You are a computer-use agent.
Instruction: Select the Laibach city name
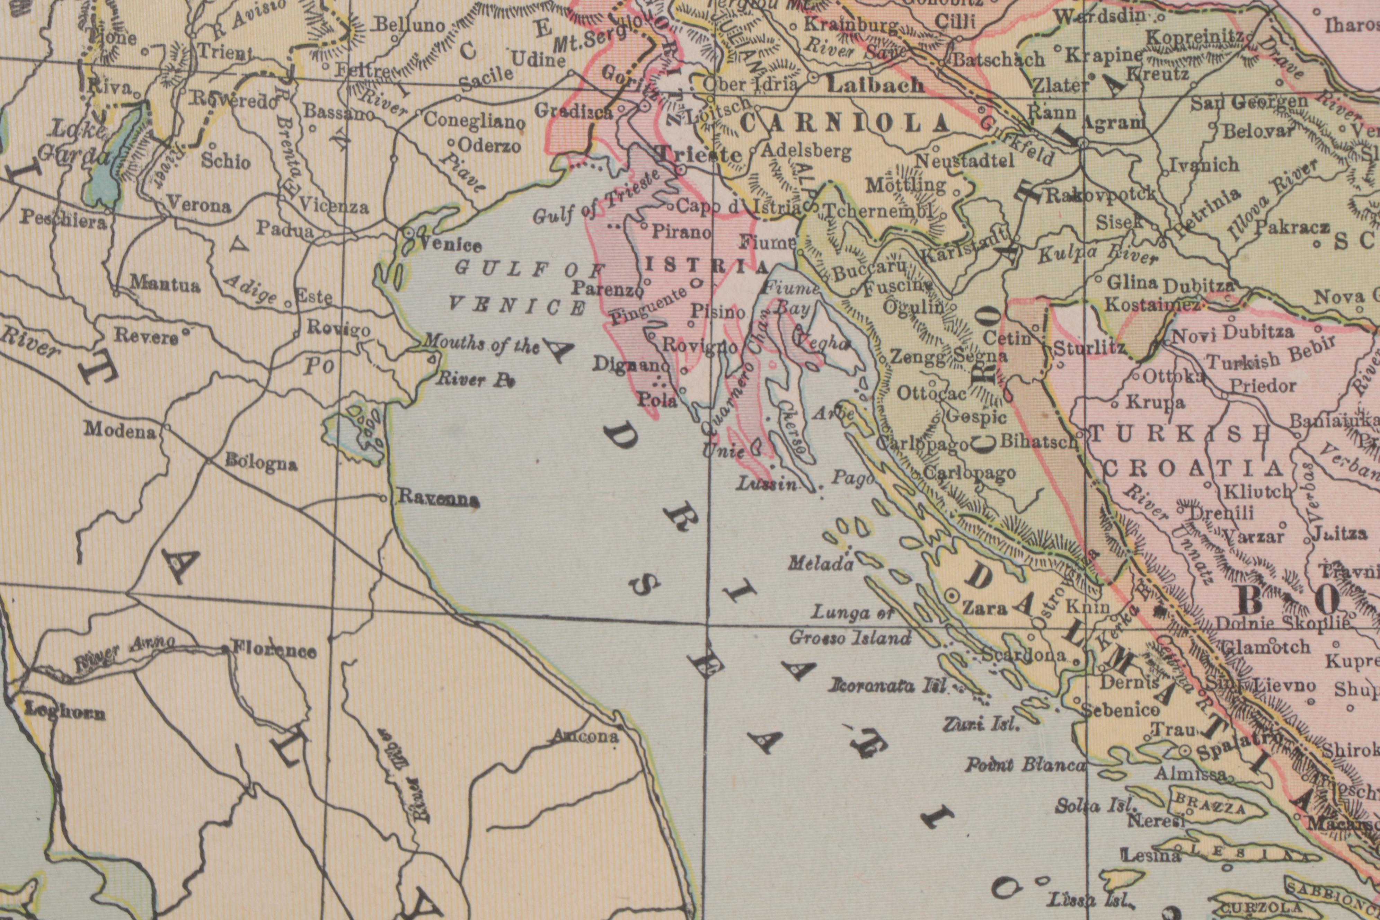click(x=875, y=86)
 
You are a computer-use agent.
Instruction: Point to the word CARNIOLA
click(x=845, y=124)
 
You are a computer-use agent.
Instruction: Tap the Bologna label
click(x=261, y=463)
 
